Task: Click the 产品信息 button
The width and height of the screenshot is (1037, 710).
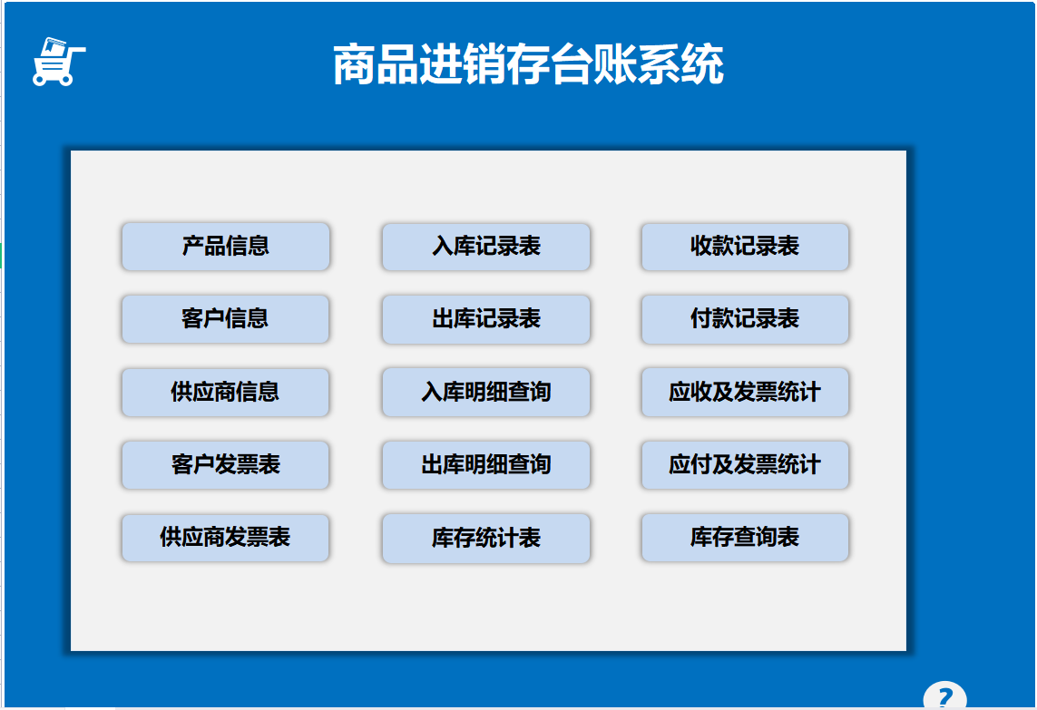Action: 225,246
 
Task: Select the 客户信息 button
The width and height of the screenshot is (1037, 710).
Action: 225,319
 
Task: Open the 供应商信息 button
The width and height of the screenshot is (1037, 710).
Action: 225,392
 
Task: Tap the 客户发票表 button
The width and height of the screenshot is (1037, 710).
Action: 225,465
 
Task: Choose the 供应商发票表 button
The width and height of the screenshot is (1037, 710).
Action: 225,538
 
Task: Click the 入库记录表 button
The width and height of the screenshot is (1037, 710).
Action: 485,247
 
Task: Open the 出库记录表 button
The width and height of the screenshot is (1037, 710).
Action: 485,319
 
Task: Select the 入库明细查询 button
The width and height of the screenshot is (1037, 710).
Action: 485,392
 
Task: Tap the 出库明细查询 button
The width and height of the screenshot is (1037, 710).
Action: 485,465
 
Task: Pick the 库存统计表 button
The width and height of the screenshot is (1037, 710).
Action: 485,539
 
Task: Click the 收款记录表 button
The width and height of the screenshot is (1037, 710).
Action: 745,247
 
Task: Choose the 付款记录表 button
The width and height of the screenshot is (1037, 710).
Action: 745,319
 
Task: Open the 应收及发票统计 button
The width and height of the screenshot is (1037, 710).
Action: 745,392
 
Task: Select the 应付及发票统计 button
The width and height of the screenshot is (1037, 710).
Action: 745,465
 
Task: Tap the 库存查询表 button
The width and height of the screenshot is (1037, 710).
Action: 745,538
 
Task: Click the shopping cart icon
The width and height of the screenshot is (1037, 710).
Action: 57,63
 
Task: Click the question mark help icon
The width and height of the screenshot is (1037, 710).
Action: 944,697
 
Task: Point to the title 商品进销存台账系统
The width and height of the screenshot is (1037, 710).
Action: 528,65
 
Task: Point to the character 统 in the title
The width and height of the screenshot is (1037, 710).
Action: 702,65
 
